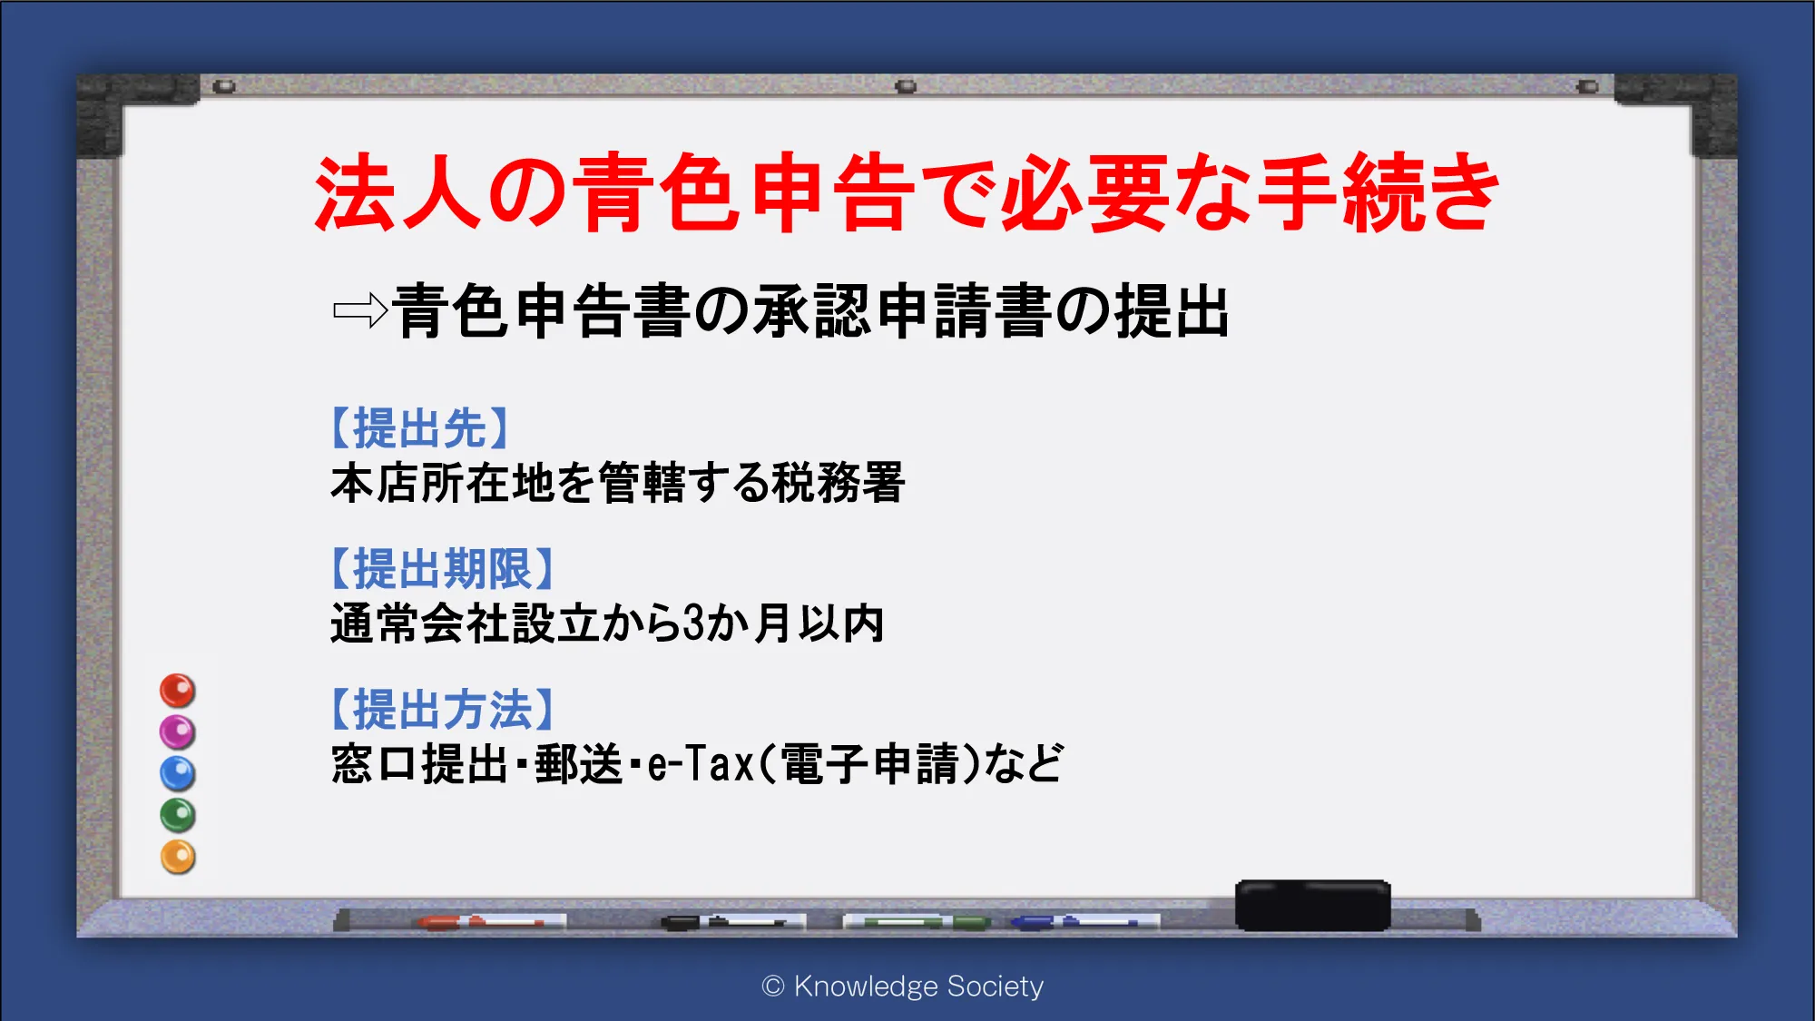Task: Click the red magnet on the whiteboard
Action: click(x=178, y=691)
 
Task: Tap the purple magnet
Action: click(x=178, y=732)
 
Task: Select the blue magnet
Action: click(x=178, y=774)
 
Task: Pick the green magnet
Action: click(x=178, y=815)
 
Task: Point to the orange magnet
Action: click(x=178, y=857)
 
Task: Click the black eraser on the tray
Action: click(x=1312, y=905)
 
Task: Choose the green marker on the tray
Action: click(x=917, y=922)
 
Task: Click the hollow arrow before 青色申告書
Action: click(x=360, y=311)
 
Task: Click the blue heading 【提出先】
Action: click(x=419, y=428)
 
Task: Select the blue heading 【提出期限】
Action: click(x=442, y=569)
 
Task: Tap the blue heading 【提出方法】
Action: click(x=442, y=710)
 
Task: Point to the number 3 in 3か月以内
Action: click(x=693, y=623)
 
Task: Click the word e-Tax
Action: click(x=701, y=763)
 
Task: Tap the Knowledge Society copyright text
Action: click(x=903, y=986)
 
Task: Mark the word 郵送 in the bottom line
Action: click(x=578, y=763)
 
